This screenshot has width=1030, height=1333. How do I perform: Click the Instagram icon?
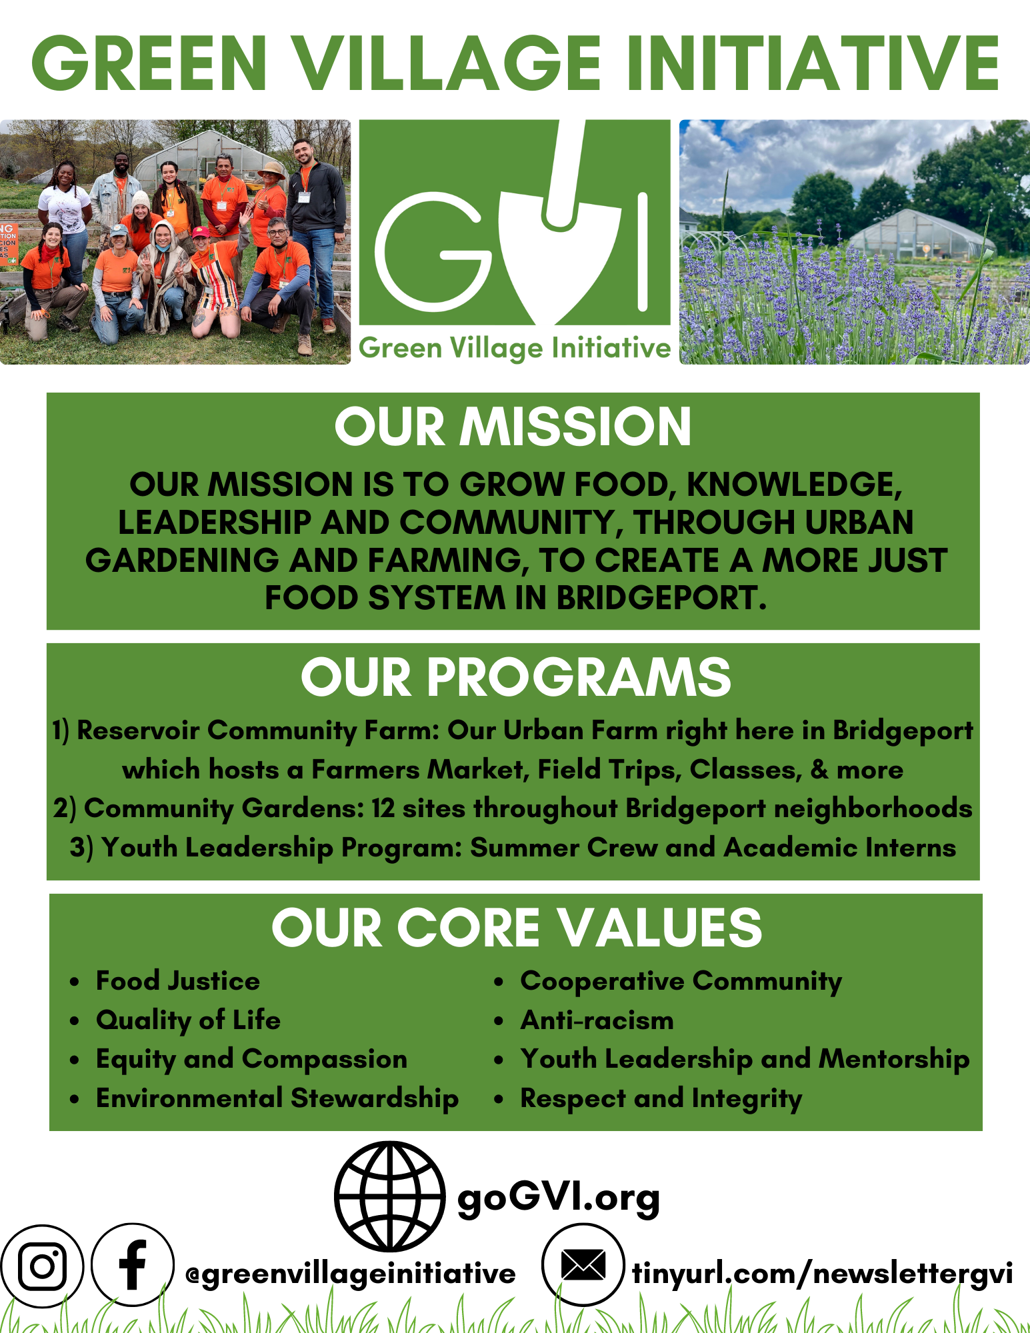tap(42, 1266)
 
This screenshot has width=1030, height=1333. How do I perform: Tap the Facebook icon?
tap(132, 1264)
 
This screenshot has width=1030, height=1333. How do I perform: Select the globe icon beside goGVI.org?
tap(390, 1196)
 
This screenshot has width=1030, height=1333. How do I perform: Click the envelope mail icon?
tap(583, 1264)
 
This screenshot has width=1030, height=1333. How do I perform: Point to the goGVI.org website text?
tap(558, 1198)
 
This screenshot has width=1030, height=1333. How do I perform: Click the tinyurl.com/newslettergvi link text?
tap(822, 1273)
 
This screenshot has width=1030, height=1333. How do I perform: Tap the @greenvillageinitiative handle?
tap(351, 1274)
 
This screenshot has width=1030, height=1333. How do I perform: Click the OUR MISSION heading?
tap(513, 427)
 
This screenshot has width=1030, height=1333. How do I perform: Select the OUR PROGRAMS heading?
tap(515, 677)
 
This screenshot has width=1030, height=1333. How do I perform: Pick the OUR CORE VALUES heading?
tap(516, 928)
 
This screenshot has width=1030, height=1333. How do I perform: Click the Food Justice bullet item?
tap(177, 980)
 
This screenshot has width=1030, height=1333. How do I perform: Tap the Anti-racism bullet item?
tap(597, 1020)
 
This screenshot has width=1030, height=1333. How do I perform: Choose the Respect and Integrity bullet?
tap(661, 1098)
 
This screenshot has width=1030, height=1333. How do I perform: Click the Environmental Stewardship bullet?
tap(277, 1098)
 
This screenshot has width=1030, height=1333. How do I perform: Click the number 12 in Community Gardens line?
tap(383, 808)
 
